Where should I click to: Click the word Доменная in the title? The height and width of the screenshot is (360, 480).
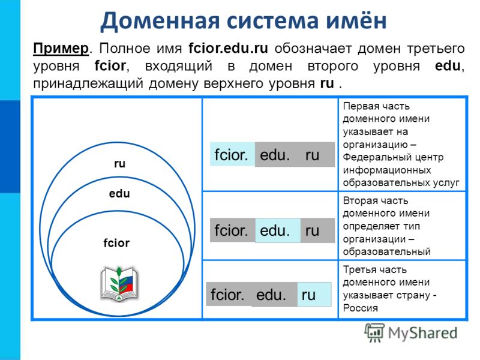pos(160,21)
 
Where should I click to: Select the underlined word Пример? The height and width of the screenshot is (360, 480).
pos(61,49)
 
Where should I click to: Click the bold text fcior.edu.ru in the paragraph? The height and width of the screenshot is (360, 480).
pos(228,49)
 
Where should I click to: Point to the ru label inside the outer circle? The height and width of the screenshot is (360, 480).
pos(119,164)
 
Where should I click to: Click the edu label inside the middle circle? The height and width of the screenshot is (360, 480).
pos(119,193)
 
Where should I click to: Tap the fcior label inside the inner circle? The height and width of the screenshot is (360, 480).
pos(116,243)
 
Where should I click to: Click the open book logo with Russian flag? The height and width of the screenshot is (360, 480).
pos(119,284)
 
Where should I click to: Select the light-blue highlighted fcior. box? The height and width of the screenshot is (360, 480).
pos(232,154)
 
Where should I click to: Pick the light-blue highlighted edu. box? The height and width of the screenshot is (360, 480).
pos(278,230)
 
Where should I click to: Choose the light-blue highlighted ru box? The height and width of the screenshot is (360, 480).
pos(314,295)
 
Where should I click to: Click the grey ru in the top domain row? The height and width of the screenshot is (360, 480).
pos(312,155)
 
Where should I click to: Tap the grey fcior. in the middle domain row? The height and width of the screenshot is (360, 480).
pos(231,230)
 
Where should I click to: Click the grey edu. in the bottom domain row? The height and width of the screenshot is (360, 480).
pos(271,295)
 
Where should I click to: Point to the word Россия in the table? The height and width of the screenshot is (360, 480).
pos(361,308)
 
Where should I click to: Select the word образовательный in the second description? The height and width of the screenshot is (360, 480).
pos(386,251)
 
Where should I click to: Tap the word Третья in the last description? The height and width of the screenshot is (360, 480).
pos(358,269)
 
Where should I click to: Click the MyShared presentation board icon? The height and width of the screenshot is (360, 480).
pos(374,332)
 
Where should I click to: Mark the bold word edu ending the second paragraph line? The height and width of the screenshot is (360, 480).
pos(448,66)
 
